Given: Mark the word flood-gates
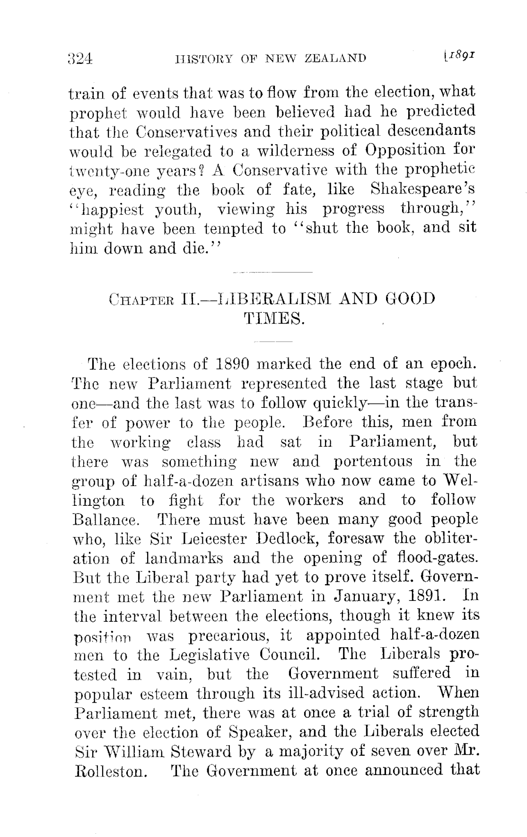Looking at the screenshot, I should coord(435,558).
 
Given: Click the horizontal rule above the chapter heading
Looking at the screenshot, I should coord(273,273).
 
